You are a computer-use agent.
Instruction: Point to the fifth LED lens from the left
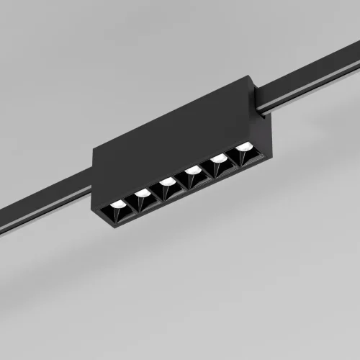point(218,158)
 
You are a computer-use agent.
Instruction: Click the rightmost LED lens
point(245,146)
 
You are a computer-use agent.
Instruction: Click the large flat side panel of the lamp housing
point(166,144)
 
